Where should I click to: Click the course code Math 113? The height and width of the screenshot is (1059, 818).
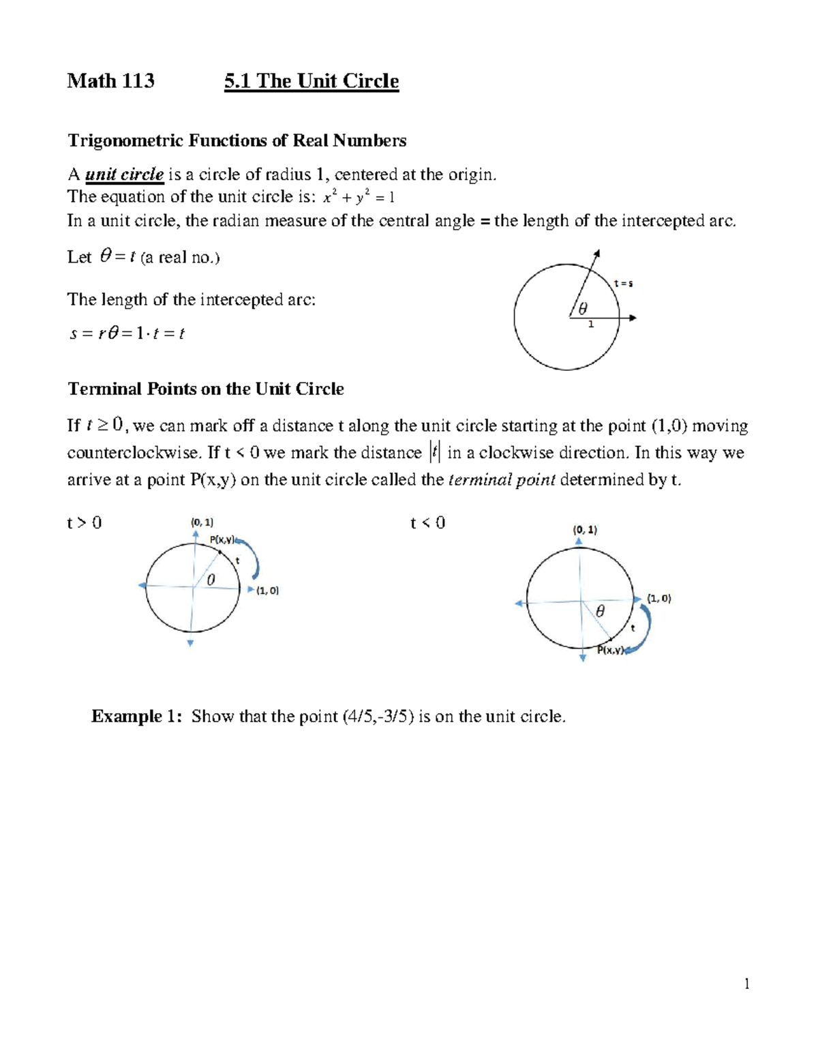click(110, 81)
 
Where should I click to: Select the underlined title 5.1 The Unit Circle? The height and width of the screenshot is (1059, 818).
click(312, 81)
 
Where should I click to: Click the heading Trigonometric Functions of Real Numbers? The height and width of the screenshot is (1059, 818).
click(237, 140)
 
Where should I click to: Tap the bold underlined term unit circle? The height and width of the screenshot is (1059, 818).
click(124, 175)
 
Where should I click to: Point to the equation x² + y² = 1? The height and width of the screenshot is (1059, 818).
click(359, 198)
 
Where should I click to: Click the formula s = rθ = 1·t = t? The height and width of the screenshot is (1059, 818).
click(127, 333)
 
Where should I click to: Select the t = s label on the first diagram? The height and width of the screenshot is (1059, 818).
click(623, 283)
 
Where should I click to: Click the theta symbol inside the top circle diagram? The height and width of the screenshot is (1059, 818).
click(582, 309)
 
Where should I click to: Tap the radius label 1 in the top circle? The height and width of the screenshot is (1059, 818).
click(591, 325)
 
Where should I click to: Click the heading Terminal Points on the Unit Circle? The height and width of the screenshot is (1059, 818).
click(205, 389)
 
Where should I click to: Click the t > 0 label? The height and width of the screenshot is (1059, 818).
click(84, 523)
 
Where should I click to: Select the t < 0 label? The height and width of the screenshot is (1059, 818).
click(427, 523)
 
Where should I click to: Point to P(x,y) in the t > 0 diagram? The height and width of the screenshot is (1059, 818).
click(222, 539)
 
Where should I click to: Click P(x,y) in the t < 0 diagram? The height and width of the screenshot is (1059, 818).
click(611, 650)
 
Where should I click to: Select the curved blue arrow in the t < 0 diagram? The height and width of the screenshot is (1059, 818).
click(644, 627)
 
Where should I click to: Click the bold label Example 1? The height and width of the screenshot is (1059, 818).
click(136, 716)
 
